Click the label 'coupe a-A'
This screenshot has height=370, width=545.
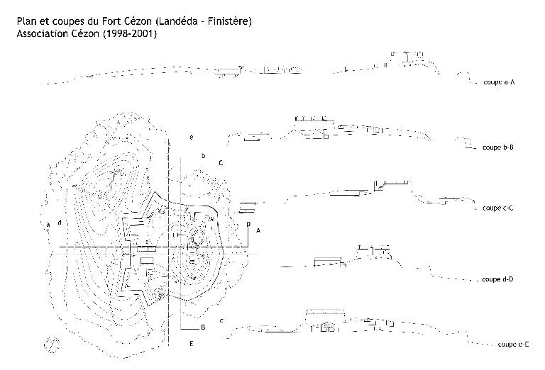[x=498, y=82]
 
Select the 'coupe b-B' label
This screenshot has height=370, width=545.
[x=497, y=148]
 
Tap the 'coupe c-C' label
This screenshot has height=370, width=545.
[x=497, y=208]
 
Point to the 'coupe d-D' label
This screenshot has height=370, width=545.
[x=497, y=279]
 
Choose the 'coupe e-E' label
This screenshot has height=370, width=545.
[x=513, y=344]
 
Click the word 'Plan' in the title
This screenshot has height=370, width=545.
[x=27, y=21]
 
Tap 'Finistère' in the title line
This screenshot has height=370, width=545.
[x=229, y=21]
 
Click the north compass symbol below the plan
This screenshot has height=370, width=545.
[x=51, y=344]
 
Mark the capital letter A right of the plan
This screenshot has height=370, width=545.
[x=259, y=230]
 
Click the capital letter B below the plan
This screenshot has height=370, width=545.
[x=203, y=327]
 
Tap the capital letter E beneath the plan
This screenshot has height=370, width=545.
[x=192, y=344]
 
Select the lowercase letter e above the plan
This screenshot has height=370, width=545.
[x=192, y=135]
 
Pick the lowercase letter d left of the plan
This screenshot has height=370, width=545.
[x=59, y=223]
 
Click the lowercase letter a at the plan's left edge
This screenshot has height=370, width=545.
[x=48, y=224]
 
